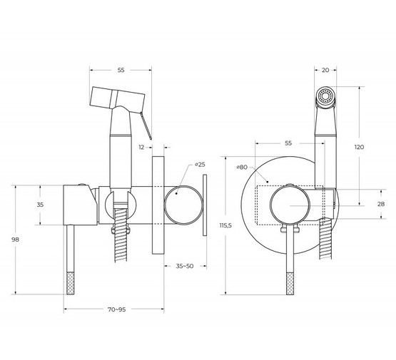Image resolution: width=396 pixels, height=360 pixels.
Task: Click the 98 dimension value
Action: pos(16,240)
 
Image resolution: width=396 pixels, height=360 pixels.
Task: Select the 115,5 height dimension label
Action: pos(225,225)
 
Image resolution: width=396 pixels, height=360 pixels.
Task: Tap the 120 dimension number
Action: pos(359,147)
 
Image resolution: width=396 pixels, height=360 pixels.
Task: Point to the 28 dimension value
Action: pos(381,204)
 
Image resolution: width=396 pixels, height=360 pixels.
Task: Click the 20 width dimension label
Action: pos(325,71)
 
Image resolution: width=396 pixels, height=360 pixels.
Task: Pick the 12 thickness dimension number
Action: pos(141,148)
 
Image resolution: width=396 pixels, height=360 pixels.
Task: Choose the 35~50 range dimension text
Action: pos(185,266)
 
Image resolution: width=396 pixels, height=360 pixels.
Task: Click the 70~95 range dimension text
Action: pos(117,309)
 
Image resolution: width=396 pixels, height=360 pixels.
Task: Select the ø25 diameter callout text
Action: pos(200,165)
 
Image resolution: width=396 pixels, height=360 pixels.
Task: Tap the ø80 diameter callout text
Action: pos(242,167)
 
